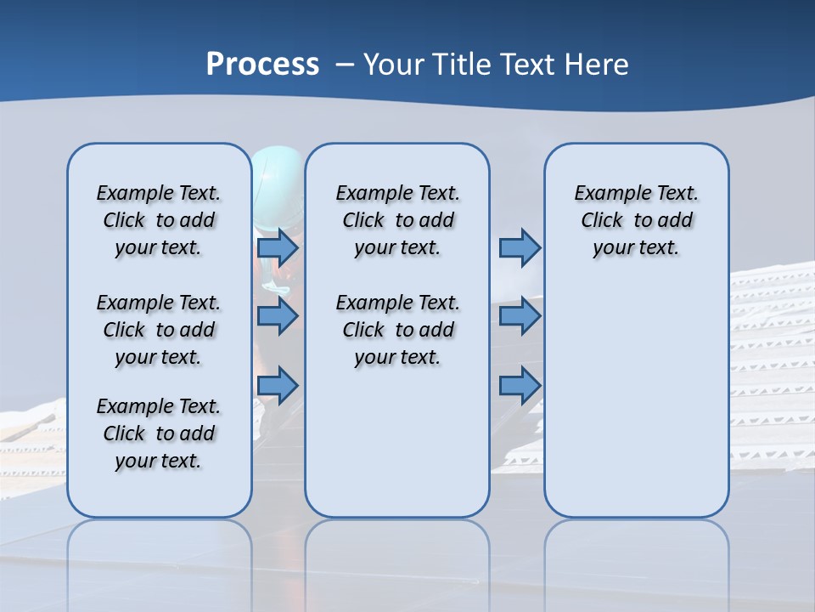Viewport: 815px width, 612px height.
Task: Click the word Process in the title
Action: (x=262, y=64)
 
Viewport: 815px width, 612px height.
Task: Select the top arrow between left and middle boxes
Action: (x=278, y=247)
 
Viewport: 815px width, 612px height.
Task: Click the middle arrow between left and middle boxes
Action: (x=278, y=316)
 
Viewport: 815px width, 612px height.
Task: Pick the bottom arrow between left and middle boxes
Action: (x=278, y=386)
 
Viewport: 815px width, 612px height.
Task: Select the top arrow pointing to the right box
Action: (x=520, y=247)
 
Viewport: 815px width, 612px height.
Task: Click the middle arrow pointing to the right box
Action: (x=520, y=316)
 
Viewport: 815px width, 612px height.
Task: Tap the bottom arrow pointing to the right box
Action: (x=520, y=386)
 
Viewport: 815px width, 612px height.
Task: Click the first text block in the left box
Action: (x=159, y=220)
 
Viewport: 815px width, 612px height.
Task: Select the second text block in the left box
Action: (x=159, y=330)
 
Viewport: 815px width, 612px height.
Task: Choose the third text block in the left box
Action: (x=159, y=433)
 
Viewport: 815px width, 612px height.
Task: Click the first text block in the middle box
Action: (x=397, y=220)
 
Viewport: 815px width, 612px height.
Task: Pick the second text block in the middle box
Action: (x=397, y=330)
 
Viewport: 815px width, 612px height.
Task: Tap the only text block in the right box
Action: (x=636, y=220)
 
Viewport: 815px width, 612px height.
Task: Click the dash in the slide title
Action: (x=345, y=65)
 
